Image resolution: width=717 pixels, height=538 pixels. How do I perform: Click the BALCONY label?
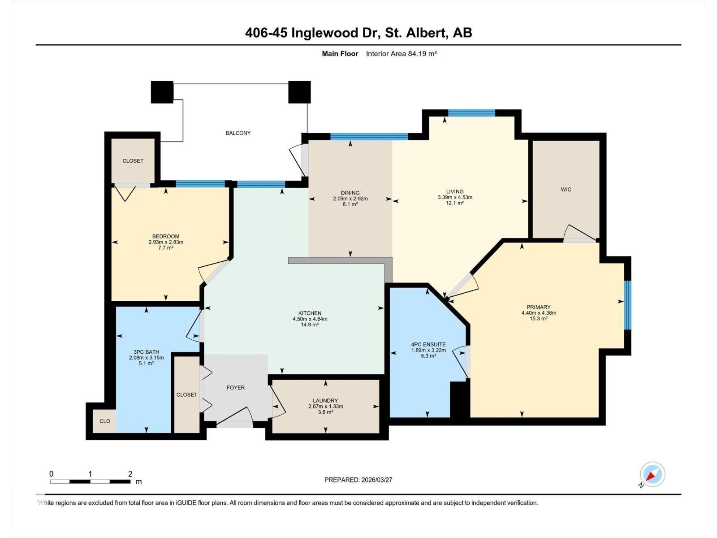[238, 133]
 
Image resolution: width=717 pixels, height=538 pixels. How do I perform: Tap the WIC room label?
[566, 190]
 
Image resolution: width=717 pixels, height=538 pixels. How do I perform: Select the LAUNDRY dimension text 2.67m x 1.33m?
[325, 407]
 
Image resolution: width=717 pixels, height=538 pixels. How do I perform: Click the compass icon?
[652, 474]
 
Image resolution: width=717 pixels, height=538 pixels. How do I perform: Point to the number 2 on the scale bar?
[130, 474]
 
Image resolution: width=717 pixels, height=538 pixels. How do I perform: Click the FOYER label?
[236, 388]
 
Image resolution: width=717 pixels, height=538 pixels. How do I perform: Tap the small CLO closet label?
[105, 421]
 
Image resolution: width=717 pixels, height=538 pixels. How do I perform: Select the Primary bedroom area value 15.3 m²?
[538, 319]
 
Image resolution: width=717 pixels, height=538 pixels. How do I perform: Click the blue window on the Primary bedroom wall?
[628, 305]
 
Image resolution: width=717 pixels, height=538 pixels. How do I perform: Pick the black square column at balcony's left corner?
[162, 92]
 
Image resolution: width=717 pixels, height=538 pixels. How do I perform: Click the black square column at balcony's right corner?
[299, 92]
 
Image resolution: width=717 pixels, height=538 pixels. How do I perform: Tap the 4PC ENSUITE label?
[428, 344]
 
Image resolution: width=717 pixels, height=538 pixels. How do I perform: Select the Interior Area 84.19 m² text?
[401, 54]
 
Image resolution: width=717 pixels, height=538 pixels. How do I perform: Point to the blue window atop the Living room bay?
[471, 113]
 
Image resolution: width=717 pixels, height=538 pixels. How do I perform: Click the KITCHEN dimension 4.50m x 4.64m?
[310, 319]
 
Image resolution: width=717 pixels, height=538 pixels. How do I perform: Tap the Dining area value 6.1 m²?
[350, 204]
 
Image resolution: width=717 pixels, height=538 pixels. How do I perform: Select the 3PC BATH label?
[146, 352]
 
